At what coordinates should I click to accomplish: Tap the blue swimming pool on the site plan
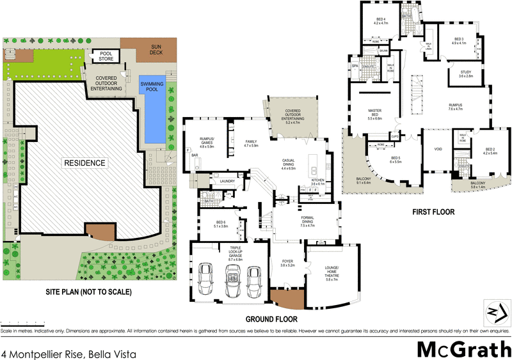[152, 109]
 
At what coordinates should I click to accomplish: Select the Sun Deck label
[156, 49]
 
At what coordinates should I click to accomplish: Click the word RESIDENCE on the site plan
[84, 163]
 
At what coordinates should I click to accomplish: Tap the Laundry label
[227, 182]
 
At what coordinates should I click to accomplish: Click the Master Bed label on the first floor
[374, 115]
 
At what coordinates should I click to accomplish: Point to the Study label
[465, 74]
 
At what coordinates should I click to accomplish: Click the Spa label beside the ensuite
[355, 66]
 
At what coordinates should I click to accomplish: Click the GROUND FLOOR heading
[271, 318]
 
